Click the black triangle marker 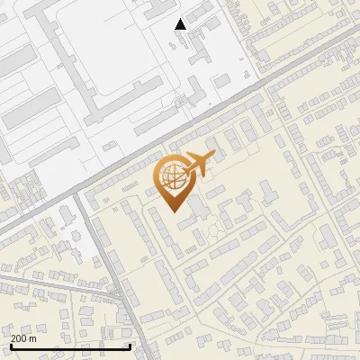[x=181, y=24]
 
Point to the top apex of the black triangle [x=181, y=19]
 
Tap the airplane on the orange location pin [x=199, y=165]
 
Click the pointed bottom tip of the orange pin [x=174, y=211]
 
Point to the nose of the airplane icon [x=213, y=157]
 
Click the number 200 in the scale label [x=19, y=338]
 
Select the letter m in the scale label [x=33, y=338]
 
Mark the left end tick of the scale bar [x=11, y=346]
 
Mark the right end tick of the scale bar [x=130, y=346]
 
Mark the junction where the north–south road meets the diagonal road [x=79, y=194]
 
